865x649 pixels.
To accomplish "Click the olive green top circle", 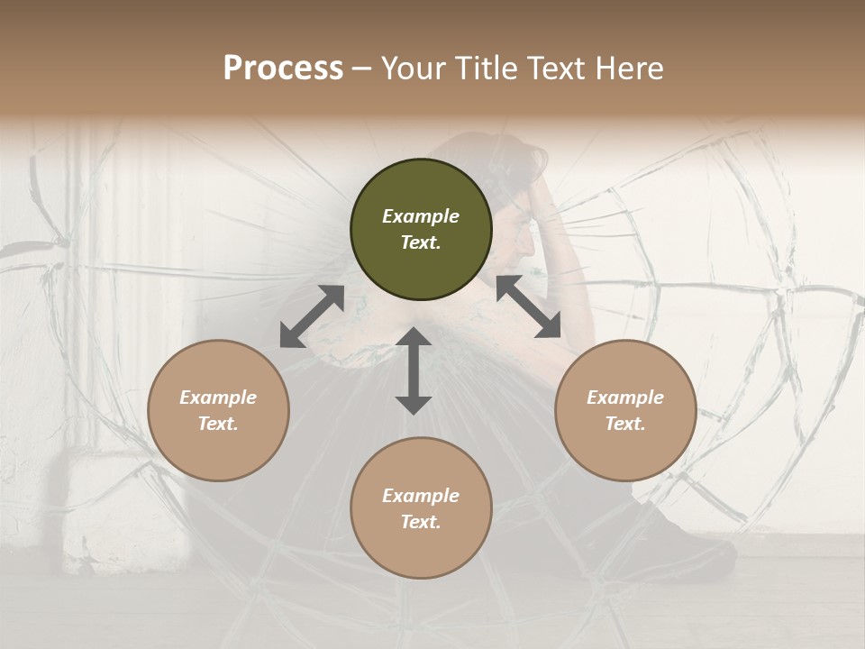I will [x=421, y=230].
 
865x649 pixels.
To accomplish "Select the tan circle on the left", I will [x=218, y=410].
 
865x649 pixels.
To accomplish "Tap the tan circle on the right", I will [x=625, y=410].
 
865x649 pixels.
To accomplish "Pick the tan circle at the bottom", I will [x=421, y=508].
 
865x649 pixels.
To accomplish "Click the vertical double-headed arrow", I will [x=414, y=370].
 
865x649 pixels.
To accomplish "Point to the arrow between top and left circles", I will [x=312, y=316].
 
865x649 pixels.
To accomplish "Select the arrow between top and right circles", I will [x=528, y=306].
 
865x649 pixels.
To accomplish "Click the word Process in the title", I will [x=283, y=69].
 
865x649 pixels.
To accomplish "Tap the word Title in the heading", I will [x=487, y=69].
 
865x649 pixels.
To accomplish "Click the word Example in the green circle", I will [x=421, y=216].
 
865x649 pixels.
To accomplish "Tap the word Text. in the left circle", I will [x=218, y=424].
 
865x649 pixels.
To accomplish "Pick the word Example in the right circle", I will [x=625, y=397].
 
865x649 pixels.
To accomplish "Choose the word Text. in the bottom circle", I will [x=421, y=522].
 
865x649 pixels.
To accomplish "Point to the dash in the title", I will [x=362, y=69].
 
